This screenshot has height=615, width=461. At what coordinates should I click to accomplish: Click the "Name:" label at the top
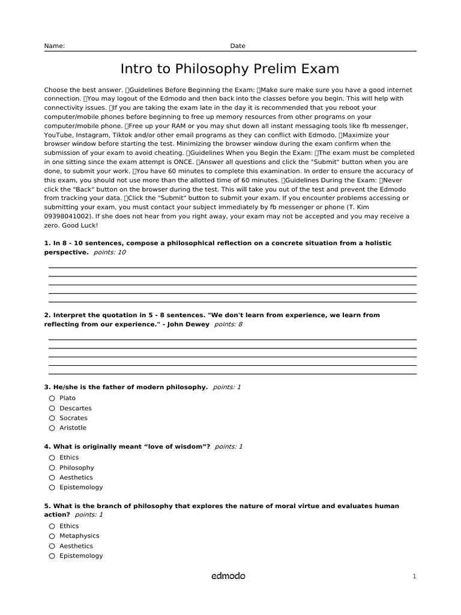tap(54, 46)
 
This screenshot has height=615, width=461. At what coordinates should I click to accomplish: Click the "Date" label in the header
tap(238, 46)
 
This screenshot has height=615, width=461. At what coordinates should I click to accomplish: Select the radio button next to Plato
tap(52, 398)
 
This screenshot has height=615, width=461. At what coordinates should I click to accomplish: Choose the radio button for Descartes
tap(52, 408)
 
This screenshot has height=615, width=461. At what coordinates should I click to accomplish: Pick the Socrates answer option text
tap(73, 418)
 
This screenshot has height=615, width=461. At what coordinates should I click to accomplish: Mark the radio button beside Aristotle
tap(52, 428)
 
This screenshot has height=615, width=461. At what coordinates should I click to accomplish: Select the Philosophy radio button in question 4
tap(52, 468)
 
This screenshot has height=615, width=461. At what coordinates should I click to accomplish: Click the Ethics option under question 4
tap(69, 458)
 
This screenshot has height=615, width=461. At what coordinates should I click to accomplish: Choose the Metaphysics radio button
tap(52, 536)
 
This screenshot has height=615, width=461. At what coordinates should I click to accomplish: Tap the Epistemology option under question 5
tap(81, 556)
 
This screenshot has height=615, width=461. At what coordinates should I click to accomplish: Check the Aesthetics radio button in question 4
tap(52, 478)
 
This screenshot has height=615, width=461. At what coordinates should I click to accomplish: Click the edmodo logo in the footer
tap(228, 576)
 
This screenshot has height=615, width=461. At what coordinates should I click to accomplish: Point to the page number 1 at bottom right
tap(414, 577)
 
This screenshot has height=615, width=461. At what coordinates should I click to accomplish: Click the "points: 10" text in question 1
tap(110, 253)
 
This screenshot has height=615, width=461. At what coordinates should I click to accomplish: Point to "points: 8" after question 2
tap(228, 324)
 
